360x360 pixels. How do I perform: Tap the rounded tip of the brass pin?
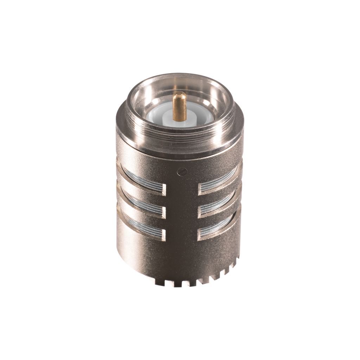(x=180, y=94)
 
